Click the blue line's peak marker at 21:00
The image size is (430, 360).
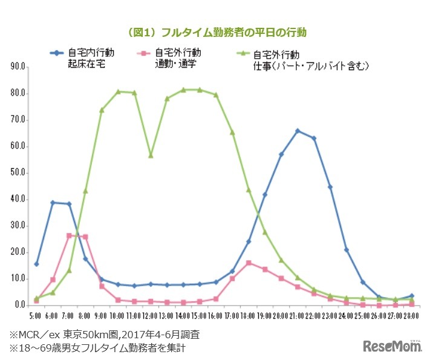pyautogui.click(x=298, y=131)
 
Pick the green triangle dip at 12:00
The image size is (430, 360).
pyautogui.click(x=151, y=155)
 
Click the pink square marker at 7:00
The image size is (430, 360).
pyautogui.click(x=69, y=235)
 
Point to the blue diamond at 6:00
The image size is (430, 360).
pyautogui.click(x=53, y=203)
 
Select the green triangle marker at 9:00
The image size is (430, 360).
pyautogui.click(x=102, y=110)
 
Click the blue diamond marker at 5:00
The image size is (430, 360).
pyautogui.click(x=36, y=264)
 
